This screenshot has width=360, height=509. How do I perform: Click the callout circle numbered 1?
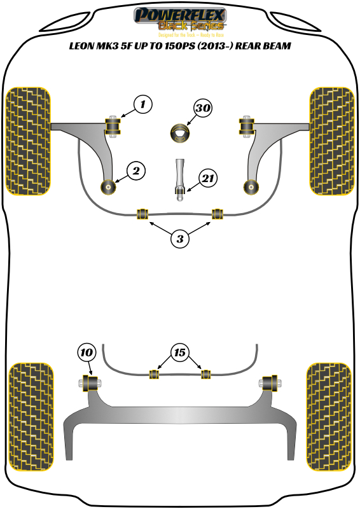point(143,104)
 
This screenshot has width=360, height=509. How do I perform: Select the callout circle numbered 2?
point(136,170)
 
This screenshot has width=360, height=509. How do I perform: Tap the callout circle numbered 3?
point(181,239)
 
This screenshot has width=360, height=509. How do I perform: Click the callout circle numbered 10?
point(87,351)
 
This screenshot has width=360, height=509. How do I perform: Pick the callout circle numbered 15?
point(179,351)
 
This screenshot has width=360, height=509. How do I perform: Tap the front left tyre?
point(28,139)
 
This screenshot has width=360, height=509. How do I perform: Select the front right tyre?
point(331,139)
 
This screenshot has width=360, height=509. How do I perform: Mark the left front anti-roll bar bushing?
point(144,214)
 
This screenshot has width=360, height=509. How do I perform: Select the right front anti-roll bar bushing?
point(218,214)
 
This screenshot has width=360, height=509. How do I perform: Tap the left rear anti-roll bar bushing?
point(153,373)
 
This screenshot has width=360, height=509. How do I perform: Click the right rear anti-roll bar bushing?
point(205,373)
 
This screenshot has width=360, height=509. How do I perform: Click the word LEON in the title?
point(84,47)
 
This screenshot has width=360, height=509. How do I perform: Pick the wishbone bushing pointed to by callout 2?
point(109,187)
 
